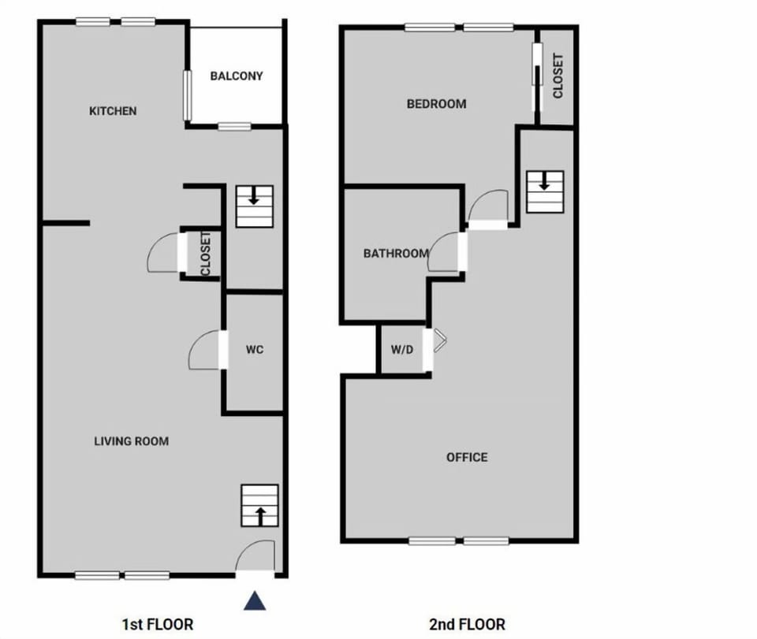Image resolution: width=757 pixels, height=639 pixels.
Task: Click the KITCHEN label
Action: [x=113, y=111]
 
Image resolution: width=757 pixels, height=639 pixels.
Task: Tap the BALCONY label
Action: [x=236, y=76]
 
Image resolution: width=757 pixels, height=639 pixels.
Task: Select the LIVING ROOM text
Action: [x=131, y=441]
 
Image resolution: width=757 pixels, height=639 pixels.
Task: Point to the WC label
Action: [x=254, y=350]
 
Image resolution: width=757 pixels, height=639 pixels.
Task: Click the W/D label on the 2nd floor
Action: [x=402, y=350]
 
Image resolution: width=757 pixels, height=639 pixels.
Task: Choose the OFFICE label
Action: [x=467, y=457]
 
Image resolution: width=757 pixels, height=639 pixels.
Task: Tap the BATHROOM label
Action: [x=396, y=254]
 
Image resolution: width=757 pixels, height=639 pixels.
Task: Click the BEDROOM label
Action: [x=436, y=103]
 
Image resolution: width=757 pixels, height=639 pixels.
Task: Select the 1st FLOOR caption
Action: [x=157, y=624]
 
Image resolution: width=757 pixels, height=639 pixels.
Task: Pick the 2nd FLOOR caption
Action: [x=467, y=624]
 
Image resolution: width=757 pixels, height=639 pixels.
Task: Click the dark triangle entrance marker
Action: [x=254, y=601]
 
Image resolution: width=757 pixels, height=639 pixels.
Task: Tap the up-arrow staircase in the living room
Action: [x=260, y=506]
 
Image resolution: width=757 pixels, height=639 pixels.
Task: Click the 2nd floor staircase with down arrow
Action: [x=545, y=191]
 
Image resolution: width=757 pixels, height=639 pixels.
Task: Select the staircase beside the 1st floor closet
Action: [x=254, y=206]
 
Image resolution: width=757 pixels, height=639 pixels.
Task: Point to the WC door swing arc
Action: [x=205, y=351]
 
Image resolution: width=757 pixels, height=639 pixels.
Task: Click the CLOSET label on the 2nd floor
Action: [x=558, y=76]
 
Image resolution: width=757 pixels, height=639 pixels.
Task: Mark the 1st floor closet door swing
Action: [x=163, y=254]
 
